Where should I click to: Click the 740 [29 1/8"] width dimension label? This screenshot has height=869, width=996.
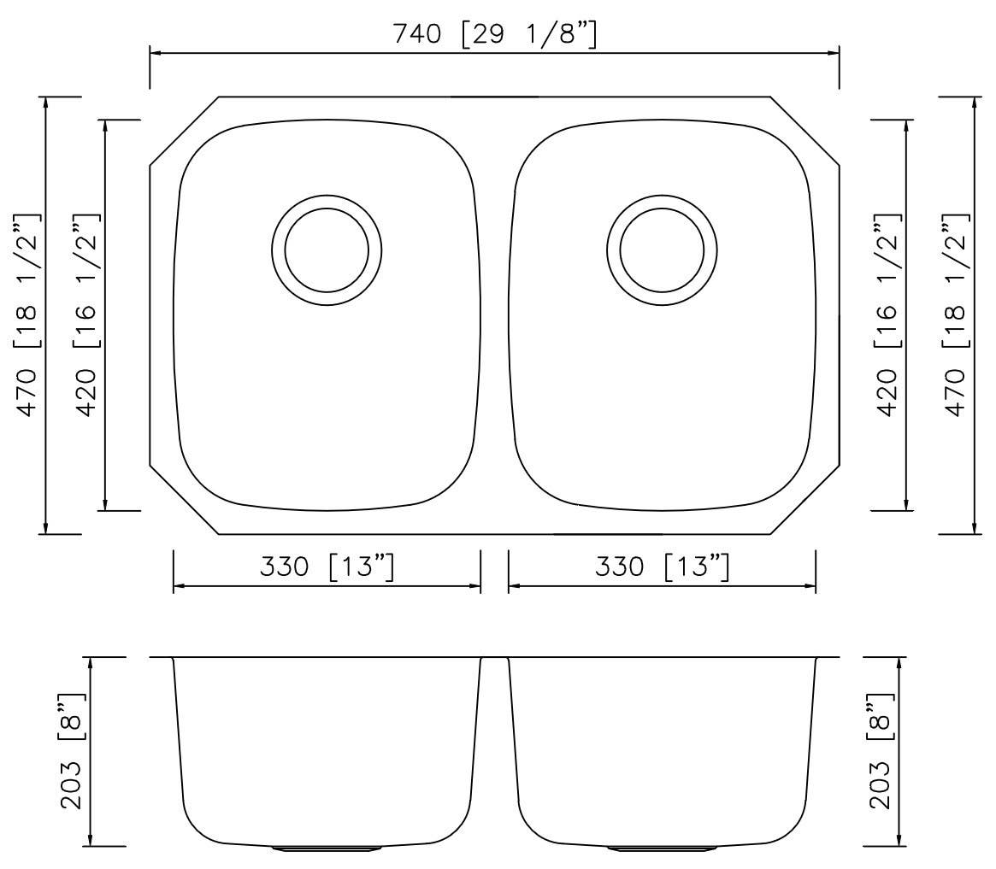[494, 34]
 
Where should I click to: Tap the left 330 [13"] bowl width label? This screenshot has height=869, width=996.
[327, 567]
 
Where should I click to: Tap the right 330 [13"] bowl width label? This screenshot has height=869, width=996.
[663, 567]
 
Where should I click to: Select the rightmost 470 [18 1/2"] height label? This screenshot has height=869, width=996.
[955, 314]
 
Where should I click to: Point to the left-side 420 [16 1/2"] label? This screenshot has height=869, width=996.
[86, 314]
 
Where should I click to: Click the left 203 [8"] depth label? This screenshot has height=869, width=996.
[71, 752]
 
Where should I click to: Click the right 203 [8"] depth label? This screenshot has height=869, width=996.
[880, 752]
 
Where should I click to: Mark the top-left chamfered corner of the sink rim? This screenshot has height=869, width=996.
[184, 131]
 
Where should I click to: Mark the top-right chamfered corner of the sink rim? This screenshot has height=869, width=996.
[804, 131]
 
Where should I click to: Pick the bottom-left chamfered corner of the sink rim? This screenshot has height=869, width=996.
[184, 500]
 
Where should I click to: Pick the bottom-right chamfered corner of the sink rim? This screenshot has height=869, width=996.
[804, 500]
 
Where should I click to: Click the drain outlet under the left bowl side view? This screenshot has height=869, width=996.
[327, 848]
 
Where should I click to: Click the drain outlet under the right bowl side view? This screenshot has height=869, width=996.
[662, 848]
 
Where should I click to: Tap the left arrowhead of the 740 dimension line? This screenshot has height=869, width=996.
[156, 53]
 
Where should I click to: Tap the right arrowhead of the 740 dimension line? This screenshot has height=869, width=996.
[834, 53]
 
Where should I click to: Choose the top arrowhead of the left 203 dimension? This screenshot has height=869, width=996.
[91, 663]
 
